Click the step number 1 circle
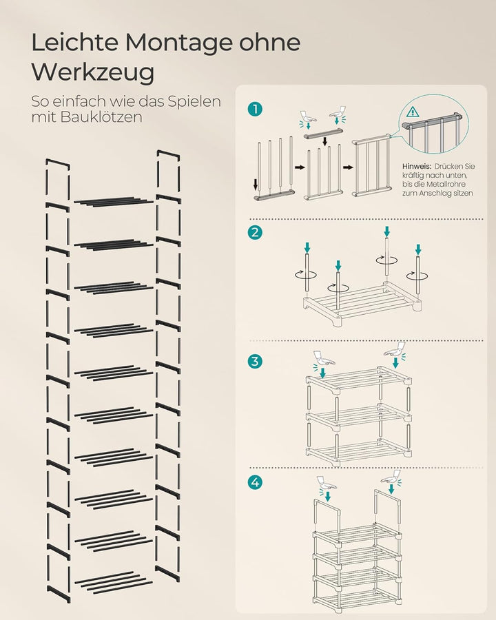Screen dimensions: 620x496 pyautogui.click(x=256, y=109)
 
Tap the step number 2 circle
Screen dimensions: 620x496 pyautogui.click(x=256, y=232)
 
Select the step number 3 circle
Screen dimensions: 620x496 pyautogui.click(x=256, y=360)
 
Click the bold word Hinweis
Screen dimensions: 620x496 pyautogui.click(x=417, y=167)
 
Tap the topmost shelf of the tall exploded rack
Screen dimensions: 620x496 pyautogui.click(x=114, y=201)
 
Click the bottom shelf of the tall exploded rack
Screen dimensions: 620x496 pyautogui.click(x=114, y=581)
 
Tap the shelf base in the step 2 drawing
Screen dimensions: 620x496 pyautogui.click(x=362, y=303)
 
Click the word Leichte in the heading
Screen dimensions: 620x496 pyautogui.click(x=74, y=43)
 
